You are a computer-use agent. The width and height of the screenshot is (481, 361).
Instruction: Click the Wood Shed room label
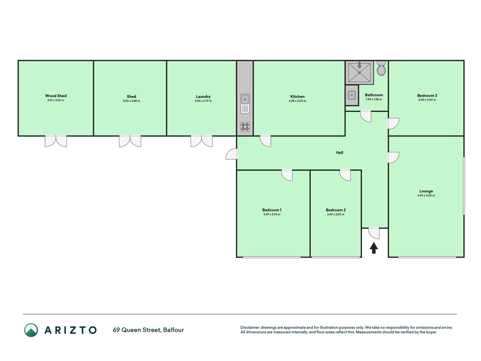point(56,96)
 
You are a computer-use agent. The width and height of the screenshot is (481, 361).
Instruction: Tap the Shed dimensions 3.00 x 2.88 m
point(131,101)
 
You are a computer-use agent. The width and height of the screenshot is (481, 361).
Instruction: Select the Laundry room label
point(203,96)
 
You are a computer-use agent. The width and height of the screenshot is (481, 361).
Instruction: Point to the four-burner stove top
point(245,127)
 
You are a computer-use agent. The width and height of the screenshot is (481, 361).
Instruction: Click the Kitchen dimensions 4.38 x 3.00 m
point(297,101)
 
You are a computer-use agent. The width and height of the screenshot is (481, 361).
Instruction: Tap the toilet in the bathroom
point(381,68)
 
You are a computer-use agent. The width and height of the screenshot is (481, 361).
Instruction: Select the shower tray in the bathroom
point(360,72)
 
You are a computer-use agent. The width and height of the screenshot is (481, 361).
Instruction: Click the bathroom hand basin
point(352,95)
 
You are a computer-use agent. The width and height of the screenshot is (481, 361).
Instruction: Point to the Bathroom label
point(374,95)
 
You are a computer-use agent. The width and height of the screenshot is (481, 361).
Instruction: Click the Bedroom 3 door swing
point(393,124)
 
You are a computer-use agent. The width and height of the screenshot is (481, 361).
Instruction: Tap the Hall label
point(340,153)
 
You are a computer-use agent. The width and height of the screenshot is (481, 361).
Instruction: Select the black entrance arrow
point(374,248)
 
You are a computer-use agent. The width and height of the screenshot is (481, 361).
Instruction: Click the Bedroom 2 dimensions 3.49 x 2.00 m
point(336,214)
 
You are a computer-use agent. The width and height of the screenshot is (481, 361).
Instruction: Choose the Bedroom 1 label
point(272,210)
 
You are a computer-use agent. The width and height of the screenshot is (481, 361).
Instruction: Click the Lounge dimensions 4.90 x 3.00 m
point(426,195)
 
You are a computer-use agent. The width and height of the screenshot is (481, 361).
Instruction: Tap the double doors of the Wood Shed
point(56,141)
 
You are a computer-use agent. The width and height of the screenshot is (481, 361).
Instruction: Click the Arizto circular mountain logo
point(31,330)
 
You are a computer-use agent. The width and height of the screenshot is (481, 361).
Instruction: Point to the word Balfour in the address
point(173,330)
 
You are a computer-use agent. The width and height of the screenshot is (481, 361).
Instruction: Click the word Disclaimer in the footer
point(250,328)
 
